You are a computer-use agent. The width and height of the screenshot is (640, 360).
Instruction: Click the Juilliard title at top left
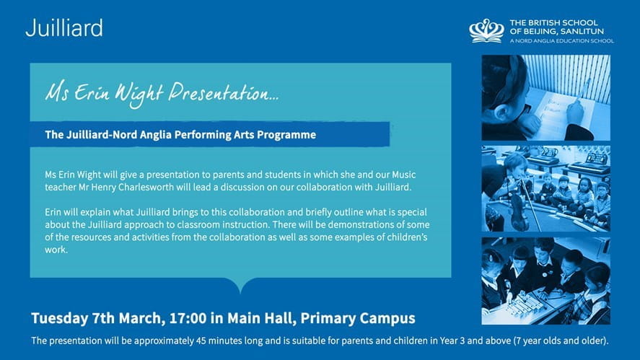[63, 28]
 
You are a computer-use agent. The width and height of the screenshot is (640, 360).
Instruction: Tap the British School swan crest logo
[486, 30]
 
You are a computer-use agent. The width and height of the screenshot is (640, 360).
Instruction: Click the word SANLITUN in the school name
[582, 32]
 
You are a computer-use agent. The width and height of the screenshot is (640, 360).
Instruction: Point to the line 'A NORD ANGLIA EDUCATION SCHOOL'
[561, 41]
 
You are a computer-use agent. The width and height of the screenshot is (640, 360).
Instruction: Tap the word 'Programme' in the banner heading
[288, 134]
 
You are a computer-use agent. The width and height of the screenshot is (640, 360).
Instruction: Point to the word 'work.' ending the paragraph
[56, 250]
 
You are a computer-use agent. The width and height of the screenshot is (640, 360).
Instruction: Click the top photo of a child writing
[545, 97]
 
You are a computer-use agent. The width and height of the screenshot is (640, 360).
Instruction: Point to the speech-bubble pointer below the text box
[240, 286]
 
